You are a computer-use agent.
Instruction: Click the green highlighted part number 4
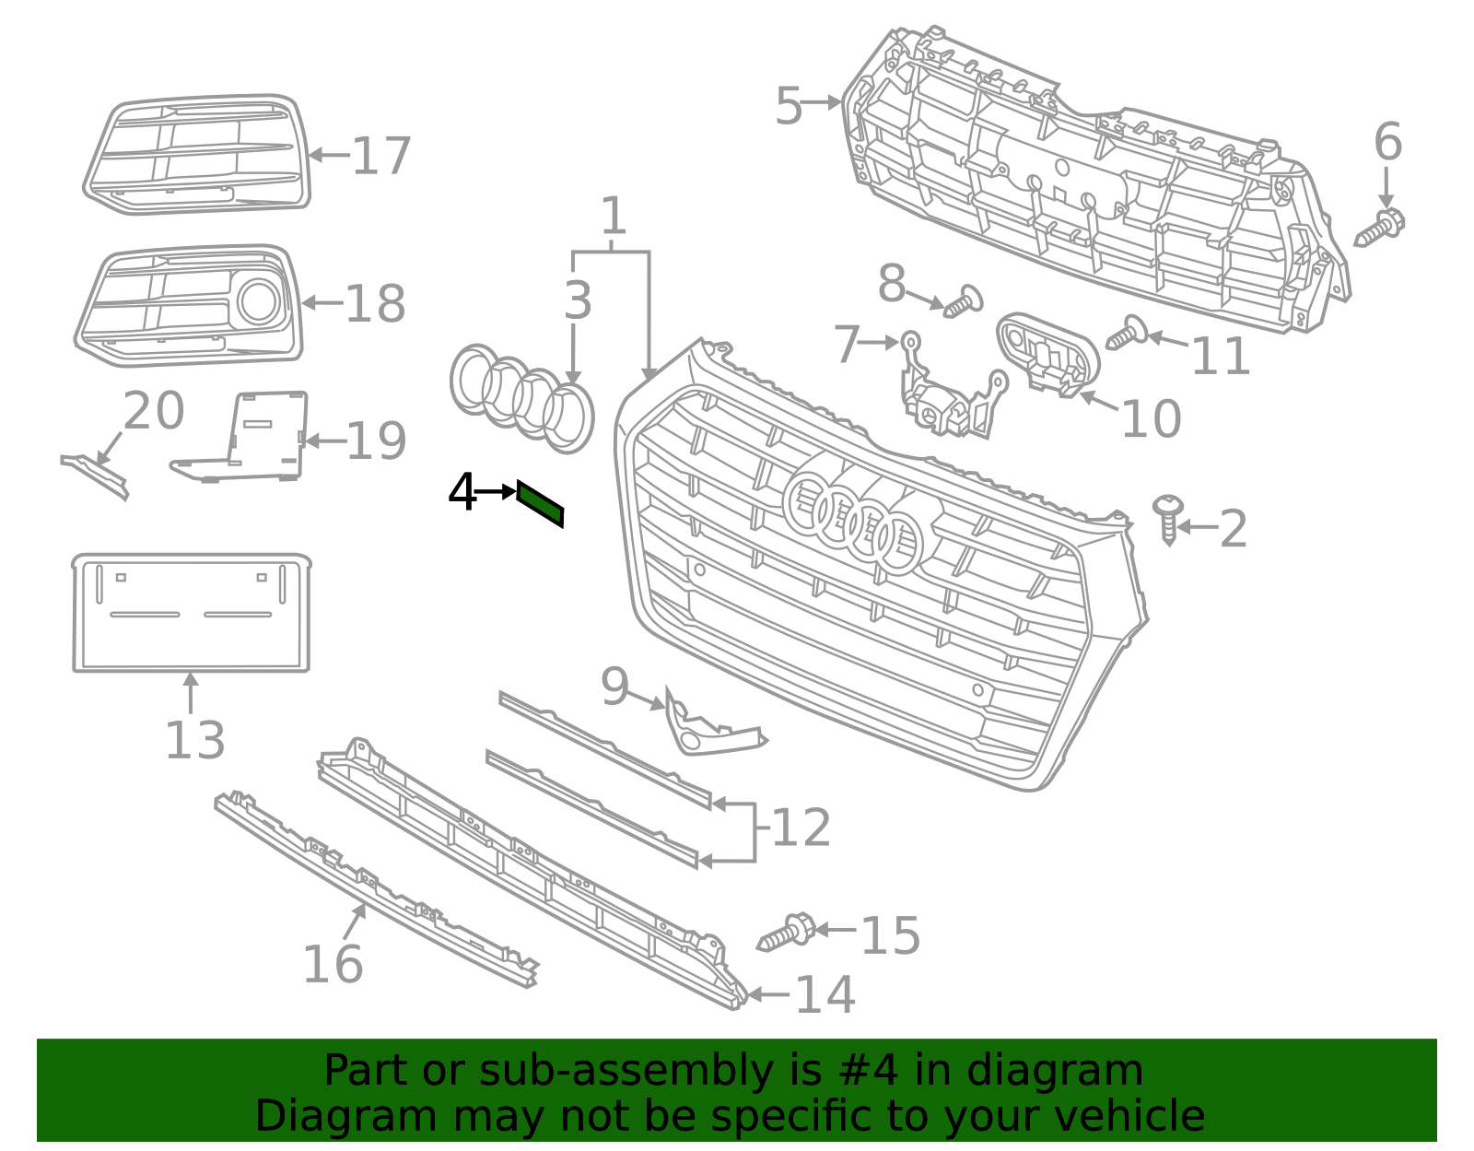(x=540, y=503)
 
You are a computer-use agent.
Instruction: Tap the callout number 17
(x=381, y=157)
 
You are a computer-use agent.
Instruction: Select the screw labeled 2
(x=1168, y=520)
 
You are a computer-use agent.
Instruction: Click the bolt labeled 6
(x=1380, y=227)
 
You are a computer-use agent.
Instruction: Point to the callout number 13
(x=194, y=741)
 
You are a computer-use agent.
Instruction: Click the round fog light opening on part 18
(x=259, y=301)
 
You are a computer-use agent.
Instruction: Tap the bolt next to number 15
(x=787, y=933)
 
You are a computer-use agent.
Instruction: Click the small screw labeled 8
(x=964, y=302)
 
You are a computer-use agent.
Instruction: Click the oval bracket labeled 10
(x=1048, y=355)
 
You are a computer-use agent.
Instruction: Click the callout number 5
(x=790, y=107)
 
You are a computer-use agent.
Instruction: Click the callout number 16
(x=333, y=965)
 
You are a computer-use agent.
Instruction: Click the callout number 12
(x=801, y=828)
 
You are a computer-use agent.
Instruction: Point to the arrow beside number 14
(x=768, y=994)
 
